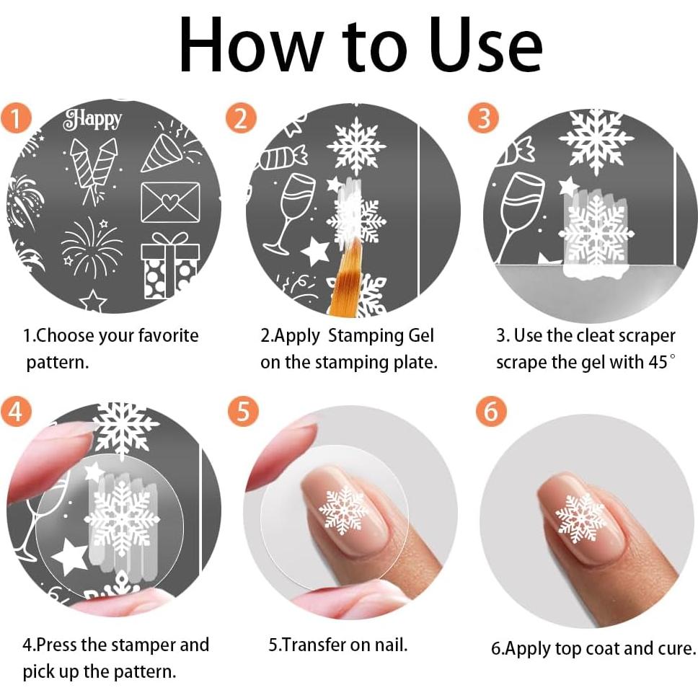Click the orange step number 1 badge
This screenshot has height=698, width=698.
(x=16, y=118)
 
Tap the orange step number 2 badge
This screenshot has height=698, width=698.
(x=241, y=118)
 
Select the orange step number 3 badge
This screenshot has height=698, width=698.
(x=483, y=118)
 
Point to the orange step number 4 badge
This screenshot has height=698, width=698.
(x=16, y=410)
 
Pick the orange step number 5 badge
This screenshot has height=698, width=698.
(x=243, y=410)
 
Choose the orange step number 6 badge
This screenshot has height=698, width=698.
(x=491, y=410)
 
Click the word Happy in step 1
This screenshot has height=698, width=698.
(x=92, y=119)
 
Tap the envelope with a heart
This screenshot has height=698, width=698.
(x=170, y=202)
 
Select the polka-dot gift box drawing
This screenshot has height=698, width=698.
(x=170, y=265)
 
